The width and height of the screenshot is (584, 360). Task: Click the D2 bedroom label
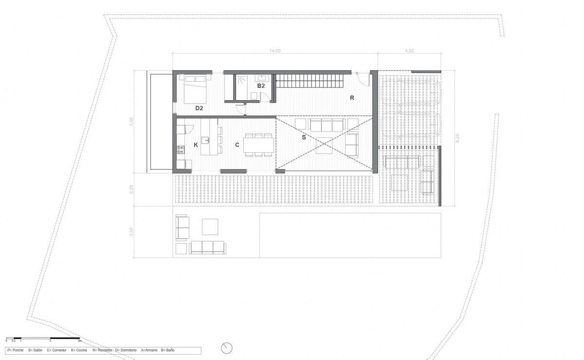tap(199, 108)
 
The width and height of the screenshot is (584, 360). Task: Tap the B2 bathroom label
tap(261, 86)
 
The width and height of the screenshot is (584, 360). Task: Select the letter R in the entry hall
tap(351, 97)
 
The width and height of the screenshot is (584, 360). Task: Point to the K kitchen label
tap(196, 144)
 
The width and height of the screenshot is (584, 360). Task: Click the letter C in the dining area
tap(237, 144)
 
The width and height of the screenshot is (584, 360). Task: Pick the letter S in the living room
tap(304, 138)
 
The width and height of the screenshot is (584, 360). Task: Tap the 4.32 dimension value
tap(409, 51)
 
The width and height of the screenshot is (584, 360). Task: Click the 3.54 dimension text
tap(131, 233)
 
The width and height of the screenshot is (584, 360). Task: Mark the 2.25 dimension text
tap(131, 189)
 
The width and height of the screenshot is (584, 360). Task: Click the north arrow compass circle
tap(226, 348)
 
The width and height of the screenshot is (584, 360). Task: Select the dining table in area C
tap(258, 144)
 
